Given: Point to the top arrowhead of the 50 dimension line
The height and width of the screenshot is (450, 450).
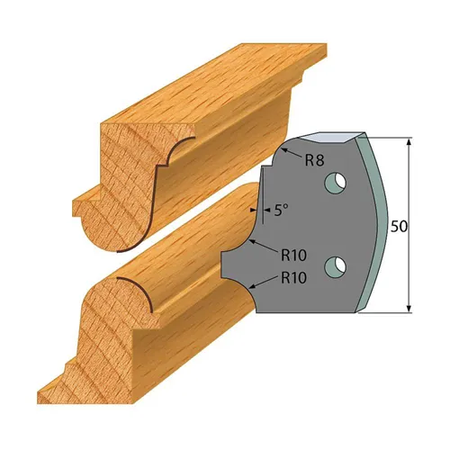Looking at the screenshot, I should (410, 142).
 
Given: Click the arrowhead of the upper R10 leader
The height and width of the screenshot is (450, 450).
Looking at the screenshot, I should (253, 244).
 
